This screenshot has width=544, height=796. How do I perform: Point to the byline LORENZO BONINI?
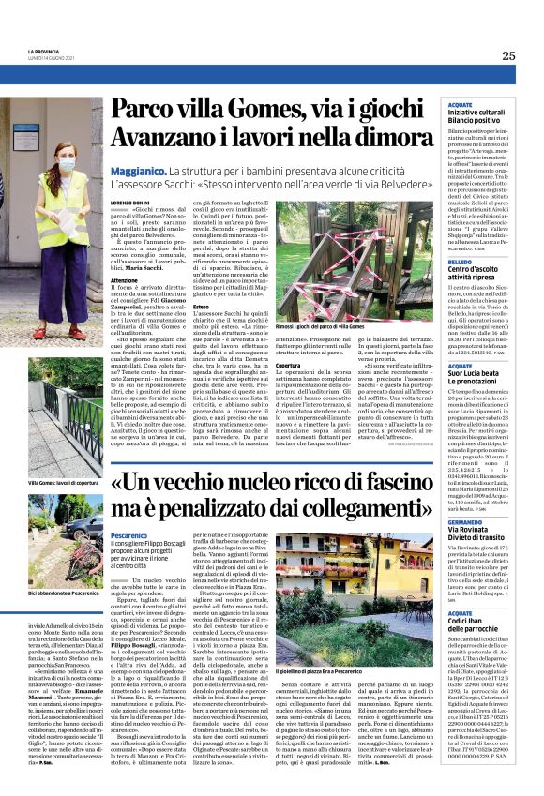132,203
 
